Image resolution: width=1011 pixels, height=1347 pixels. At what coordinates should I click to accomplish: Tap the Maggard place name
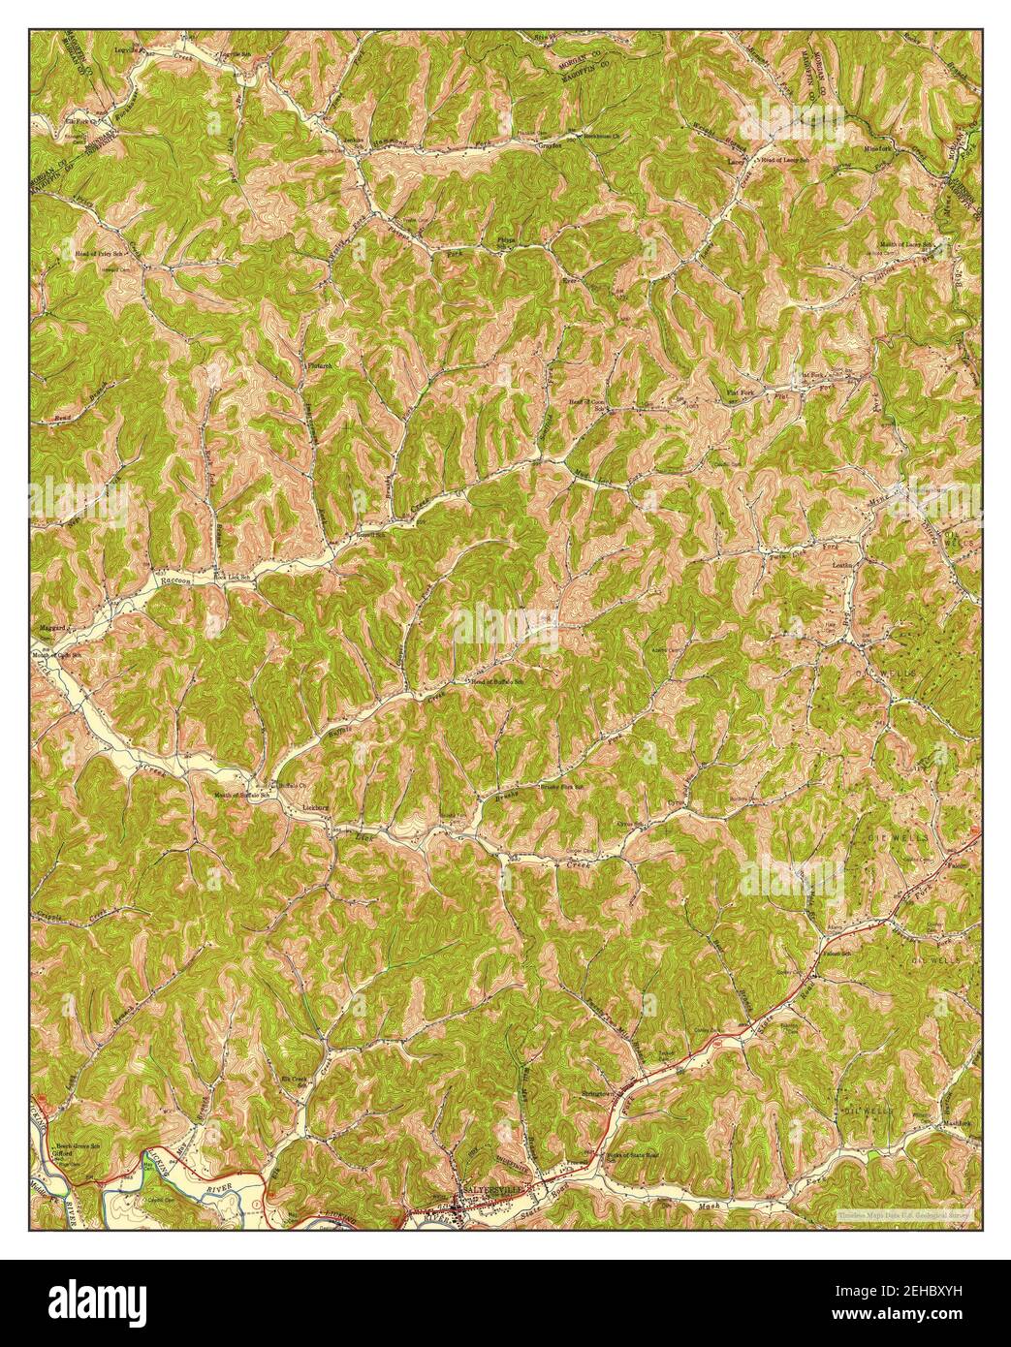(x=51, y=628)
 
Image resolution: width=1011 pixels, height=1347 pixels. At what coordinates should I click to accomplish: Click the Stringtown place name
(x=599, y=1094)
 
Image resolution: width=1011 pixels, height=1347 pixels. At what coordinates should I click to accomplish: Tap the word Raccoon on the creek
(x=177, y=580)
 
